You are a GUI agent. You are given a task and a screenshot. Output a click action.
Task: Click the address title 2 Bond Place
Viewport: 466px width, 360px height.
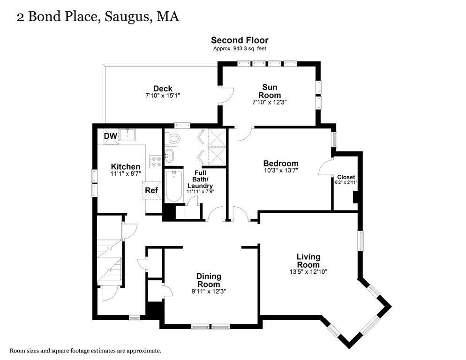pos(98,17)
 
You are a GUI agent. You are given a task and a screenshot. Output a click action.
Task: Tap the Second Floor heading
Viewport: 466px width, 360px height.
pos(239,40)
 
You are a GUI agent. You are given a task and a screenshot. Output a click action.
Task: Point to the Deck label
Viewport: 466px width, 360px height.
pos(162,89)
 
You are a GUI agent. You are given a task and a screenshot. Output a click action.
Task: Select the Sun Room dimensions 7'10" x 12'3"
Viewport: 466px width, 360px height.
pos(269,102)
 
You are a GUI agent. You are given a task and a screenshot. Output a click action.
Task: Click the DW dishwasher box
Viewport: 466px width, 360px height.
pos(110,136)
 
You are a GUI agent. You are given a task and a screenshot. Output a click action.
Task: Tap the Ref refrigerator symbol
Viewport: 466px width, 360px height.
pos(151,190)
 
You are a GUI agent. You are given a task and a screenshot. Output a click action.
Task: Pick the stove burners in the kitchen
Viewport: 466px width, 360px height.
pos(156,162)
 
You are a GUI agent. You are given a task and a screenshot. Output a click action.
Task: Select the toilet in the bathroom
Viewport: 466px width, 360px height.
pos(174,138)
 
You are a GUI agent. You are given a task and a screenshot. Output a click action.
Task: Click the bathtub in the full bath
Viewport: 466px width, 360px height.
pos(173,186)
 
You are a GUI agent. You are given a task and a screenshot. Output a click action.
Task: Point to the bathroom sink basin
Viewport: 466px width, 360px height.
pos(170,154)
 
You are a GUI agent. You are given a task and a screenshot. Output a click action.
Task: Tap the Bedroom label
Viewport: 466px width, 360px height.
pos(280,163)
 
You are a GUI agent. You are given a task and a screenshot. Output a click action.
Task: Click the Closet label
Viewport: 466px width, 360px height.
pos(346,177)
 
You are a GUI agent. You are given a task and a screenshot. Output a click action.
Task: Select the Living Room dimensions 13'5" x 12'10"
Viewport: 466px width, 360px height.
pos(308,271)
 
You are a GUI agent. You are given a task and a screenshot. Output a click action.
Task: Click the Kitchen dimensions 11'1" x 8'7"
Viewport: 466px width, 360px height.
pos(125,174)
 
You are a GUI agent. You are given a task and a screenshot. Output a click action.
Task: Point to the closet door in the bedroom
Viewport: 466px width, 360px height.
pos(325,167)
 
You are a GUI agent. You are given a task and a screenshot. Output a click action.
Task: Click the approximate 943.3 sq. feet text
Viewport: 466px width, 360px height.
pos(239,48)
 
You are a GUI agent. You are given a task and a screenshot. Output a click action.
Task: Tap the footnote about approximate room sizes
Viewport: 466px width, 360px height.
pos(86,350)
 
